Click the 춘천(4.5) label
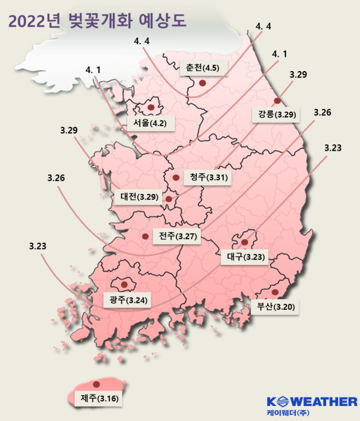[204, 67]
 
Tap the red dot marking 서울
[151, 107]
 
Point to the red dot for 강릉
[277, 101]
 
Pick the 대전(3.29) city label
[140, 197]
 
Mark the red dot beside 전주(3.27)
[145, 235]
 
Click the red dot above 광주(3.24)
[124, 283]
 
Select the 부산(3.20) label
[276, 306]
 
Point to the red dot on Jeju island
[96, 384]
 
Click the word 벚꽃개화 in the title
[97, 22]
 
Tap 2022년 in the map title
[35, 22]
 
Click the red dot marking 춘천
[201, 83]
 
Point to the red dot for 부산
[275, 293]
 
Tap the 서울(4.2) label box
[150, 123]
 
